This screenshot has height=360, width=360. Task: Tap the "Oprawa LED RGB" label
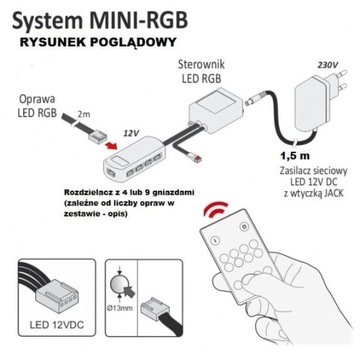pyautogui.click(x=37, y=106)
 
